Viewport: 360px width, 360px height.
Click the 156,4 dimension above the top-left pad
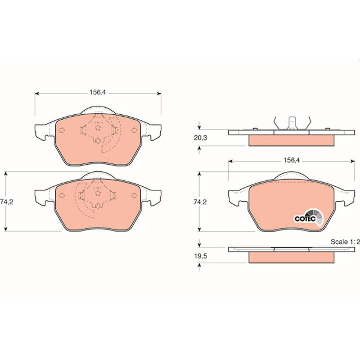(x=98, y=92)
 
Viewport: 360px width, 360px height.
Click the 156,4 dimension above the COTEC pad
(x=292, y=160)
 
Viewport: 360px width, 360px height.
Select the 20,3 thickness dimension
(x=200, y=138)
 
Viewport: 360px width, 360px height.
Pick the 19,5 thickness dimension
(x=200, y=256)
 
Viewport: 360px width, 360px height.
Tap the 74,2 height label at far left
(x=7, y=202)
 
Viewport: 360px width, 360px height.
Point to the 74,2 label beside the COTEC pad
(x=200, y=202)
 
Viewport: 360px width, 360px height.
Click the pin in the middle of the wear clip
(x=292, y=123)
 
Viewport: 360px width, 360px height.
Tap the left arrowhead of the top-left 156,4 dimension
(x=36, y=94)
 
